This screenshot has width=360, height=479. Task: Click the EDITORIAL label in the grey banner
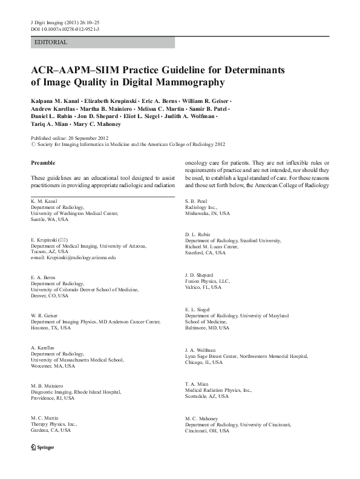click(x=51, y=42)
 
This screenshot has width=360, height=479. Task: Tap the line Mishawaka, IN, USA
click(x=208, y=213)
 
